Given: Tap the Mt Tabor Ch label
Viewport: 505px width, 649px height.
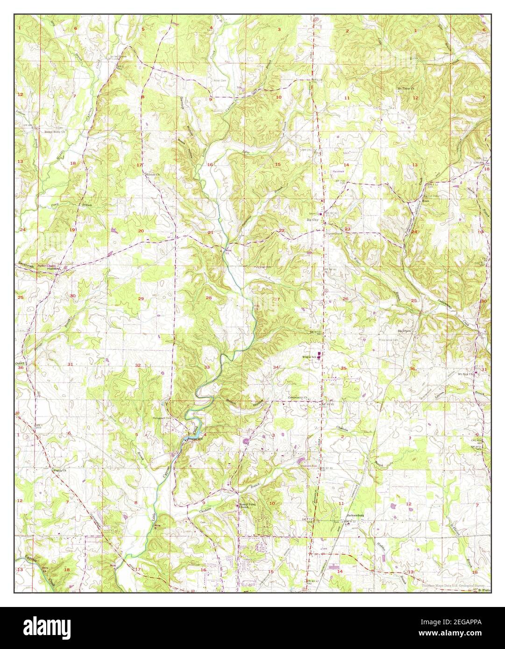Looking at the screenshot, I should point(406,87).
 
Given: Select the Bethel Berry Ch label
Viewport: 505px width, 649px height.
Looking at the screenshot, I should point(54,132).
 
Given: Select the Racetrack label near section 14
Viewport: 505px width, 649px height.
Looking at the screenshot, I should point(338,171).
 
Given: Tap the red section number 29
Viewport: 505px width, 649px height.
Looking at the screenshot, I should point(141,298).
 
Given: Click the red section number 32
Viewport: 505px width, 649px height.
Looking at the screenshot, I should point(138,365).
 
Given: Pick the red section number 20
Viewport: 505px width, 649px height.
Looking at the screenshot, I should point(141,231).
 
